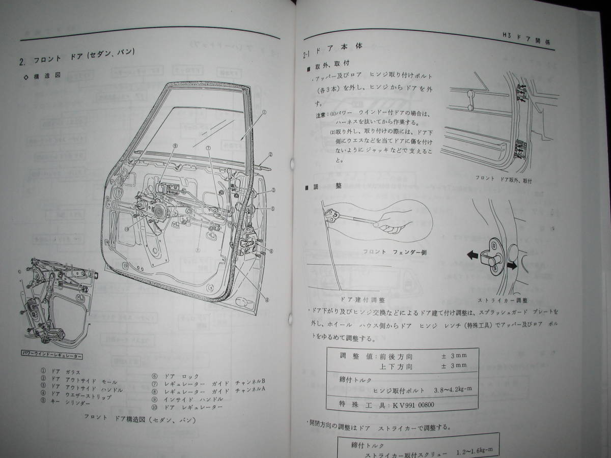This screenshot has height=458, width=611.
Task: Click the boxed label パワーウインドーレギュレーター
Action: click(x=53, y=353)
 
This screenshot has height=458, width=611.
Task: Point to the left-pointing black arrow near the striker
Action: click(x=473, y=254)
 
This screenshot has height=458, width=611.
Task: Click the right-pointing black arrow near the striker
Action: click(x=511, y=265)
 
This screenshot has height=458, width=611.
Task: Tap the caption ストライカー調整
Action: click(x=503, y=301)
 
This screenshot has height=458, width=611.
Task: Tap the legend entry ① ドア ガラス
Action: click(x=62, y=373)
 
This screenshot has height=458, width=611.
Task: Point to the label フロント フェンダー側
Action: click(x=388, y=251)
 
